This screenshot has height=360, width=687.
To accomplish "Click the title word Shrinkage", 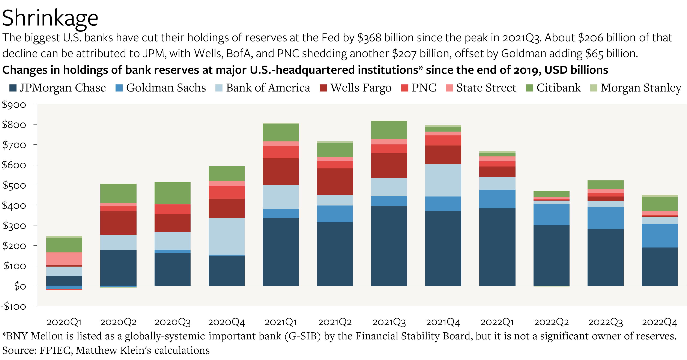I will tap(50, 18).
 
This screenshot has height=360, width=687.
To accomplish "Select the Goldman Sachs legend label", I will tap(166, 88).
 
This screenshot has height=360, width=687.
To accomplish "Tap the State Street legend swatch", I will tap(449, 88).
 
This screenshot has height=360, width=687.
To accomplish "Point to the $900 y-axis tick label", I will tap(14, 105).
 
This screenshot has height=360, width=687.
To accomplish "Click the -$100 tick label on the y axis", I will tap(13, 306).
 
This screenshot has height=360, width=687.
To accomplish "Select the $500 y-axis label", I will tap(14, 185).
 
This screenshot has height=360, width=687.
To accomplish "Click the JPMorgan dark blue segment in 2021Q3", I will tap(389, 245).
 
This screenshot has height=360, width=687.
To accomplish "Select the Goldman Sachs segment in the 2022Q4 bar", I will tap(659, 236).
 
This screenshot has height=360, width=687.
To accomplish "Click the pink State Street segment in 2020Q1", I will tap(64, 259).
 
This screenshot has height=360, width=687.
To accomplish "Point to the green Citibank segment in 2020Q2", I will tap(118, 193).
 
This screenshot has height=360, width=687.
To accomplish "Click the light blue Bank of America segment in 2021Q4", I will tap(443, 180).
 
